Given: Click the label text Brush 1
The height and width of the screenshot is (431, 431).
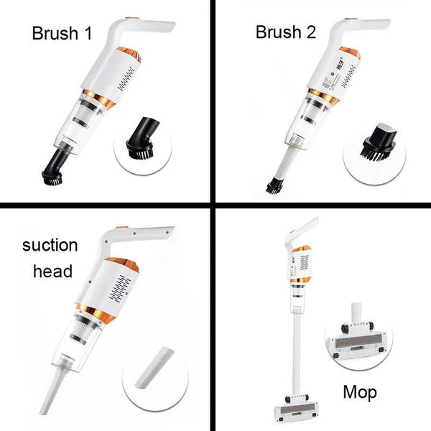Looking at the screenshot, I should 63,32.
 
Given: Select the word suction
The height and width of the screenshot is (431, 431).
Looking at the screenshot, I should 50,245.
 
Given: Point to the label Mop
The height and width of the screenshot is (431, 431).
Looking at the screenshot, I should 359,393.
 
